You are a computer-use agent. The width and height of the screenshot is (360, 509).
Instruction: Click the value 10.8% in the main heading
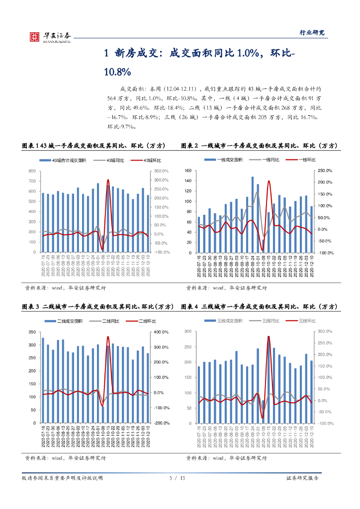(x=117, y=72)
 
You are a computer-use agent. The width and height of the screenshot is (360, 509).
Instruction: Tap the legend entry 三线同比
(x=269, y=321)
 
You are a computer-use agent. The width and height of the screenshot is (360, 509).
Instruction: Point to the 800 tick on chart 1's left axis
(x=32, y=171)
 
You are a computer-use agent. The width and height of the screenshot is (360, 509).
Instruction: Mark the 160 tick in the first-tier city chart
(x=187, y=170)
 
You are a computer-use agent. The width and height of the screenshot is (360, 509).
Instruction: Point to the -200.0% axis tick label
(x=162, y=423)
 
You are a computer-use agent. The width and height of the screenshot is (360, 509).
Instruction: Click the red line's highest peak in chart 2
(x=269, y=181)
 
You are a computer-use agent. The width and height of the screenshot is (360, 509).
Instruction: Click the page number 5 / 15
(x=178, y=478)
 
